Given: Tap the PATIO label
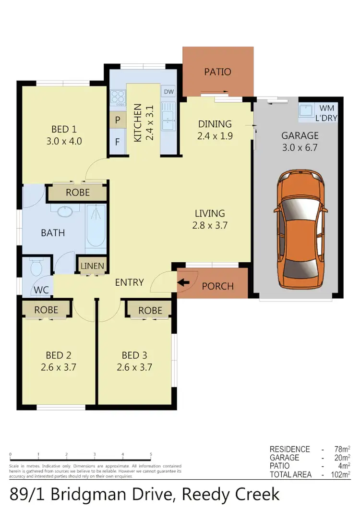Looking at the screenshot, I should pyautogui.click(x=217, y=72).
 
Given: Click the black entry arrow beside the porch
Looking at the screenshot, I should pyautogui.click(x=183, y=283).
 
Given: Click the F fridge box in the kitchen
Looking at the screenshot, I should pyautogui.click(x=117, y=142).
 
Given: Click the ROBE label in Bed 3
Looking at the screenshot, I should pyautogui.click(x=150, y=311).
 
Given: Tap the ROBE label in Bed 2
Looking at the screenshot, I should pyautogui.click(x=46, y=310).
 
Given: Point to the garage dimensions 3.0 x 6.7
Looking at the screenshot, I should pyautogui.click(x=300, y=147).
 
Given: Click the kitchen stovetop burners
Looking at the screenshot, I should pyautogui.click(x=118, y=98).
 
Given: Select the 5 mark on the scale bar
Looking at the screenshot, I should pyautogui.click(x=151, y=454).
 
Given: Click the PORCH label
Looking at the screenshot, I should pyautogui.click(x=217, y=286).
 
